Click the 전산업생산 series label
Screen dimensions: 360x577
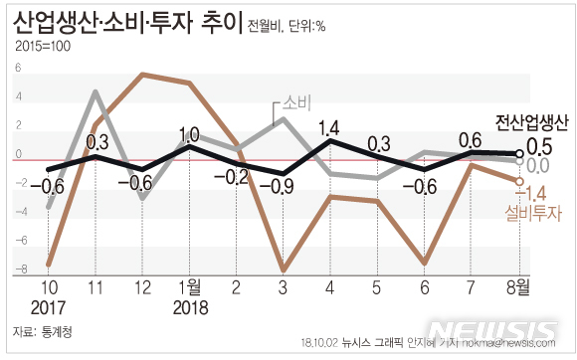tap(531, 124)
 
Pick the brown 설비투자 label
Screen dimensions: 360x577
tap(534, 212)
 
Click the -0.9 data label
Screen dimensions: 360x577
tap(284, 185)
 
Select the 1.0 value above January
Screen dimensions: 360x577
tap(189, 134)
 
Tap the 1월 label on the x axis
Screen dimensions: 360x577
tap(189, 289)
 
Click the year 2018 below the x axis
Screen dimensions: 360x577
tap(190, 308)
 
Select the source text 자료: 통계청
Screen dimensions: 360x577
tap(46, 332)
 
